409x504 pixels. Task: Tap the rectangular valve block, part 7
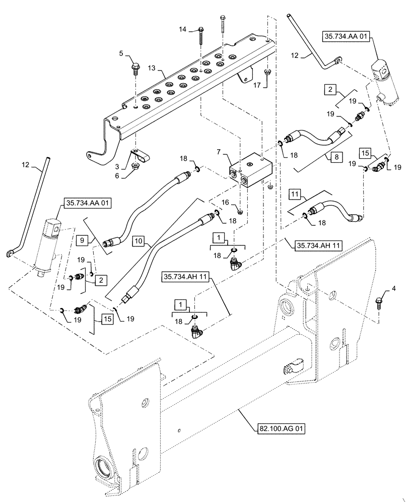tap(250, 170)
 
